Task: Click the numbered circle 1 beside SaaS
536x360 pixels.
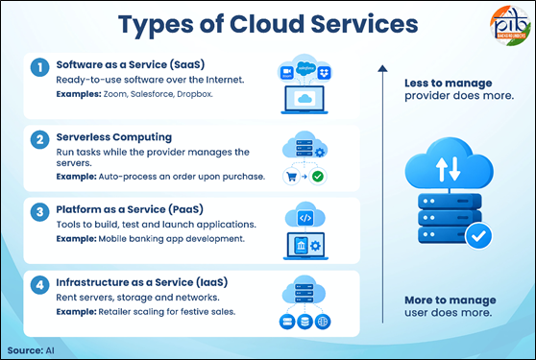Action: (x=39, y=67)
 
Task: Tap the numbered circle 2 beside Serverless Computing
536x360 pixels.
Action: (x=39, y=140)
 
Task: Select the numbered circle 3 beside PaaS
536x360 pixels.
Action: (x=39, y=212)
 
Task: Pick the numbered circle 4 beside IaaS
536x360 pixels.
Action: (x=39, y=285)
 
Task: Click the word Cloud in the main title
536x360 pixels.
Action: (x=267, y=24)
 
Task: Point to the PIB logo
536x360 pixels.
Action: (x=510, y=26)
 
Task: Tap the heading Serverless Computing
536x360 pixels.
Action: (x=114, y=137)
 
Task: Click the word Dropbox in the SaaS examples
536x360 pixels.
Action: (x=194, y=94)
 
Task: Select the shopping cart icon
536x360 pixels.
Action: (x=292, y=177)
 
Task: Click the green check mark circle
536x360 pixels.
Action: (x=318, y=177)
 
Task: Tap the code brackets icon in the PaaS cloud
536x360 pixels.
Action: (x=305, y=218)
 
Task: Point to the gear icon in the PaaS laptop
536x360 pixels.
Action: (x=315, y=245)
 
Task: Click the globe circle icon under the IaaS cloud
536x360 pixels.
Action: (x=323, y=322)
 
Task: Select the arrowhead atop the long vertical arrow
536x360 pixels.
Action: (x=382, y=68)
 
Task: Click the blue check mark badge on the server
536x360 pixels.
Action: (x=478, y=235)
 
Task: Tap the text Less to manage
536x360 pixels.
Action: (x=449, y=83)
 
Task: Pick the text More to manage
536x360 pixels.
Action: (x=451, y=300)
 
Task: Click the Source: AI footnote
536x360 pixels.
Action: (x=31, y=350)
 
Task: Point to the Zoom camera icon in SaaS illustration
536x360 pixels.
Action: (x=287, y=72)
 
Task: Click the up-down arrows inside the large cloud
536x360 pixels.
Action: (x=449, y=169)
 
